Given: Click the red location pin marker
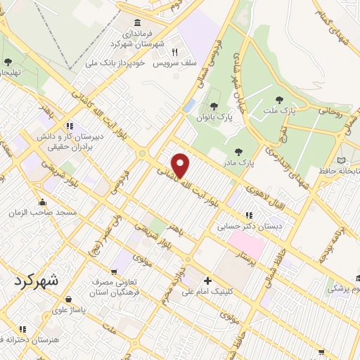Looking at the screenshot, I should click(x=181, y=165).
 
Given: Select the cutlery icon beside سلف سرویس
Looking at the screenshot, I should click(x=174, y=51).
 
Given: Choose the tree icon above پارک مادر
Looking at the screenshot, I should click(x=239, y=151).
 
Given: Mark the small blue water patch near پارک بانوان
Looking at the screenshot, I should click(x=189, y=105).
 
